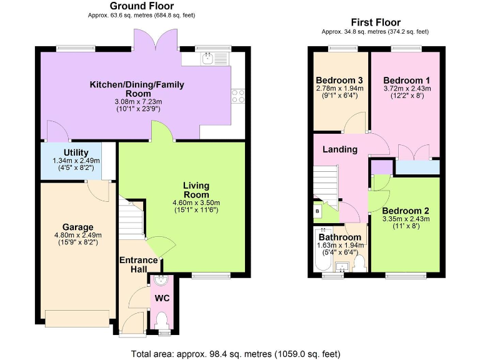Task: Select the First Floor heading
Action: pos(376,22)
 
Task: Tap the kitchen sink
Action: pos(208,59)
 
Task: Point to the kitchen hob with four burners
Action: pos(237,96)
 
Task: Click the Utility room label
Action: pos(76,152)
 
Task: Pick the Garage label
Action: pos(77,227)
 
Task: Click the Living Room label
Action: pos(196,190)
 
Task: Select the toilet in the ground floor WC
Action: pos(162,321)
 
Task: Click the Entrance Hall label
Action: pos(132,264)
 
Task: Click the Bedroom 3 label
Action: pos(339,80)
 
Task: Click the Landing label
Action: pos(339,149)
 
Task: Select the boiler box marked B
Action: pos(317,211)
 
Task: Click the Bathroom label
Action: pos(339,237)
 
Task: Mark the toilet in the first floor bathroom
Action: pos(359,265)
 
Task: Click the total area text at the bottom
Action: pos(236,354)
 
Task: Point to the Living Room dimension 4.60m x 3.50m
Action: pos(196,202)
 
